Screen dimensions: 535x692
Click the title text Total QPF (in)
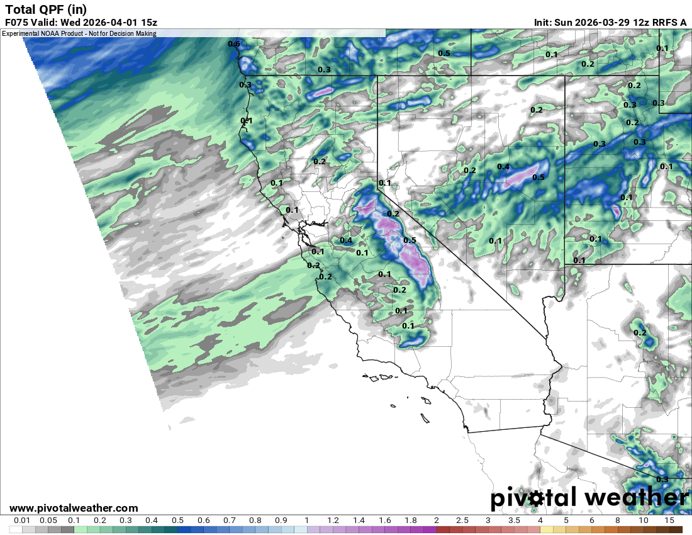click(47, 9)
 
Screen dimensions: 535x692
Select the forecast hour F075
click(18, 23)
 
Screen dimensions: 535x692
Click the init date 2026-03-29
click(606, 23)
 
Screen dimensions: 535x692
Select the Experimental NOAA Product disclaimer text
click(79, 33)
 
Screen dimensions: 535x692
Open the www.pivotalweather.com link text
click(74, 508)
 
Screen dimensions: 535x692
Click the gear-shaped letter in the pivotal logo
click(535, 498)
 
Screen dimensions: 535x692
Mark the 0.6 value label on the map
click(234, 44)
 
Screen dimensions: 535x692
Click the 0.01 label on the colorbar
click(22, 521)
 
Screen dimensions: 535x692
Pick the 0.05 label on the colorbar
click(48, 521)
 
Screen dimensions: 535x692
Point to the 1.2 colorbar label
click(333, 521)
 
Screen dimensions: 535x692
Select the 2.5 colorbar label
click(462, 521)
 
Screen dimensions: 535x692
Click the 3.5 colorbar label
click(514, 521)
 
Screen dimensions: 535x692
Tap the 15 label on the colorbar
click(669, 521)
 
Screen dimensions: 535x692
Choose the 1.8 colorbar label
click(410, 521)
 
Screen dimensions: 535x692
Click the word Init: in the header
click(544, 23)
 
